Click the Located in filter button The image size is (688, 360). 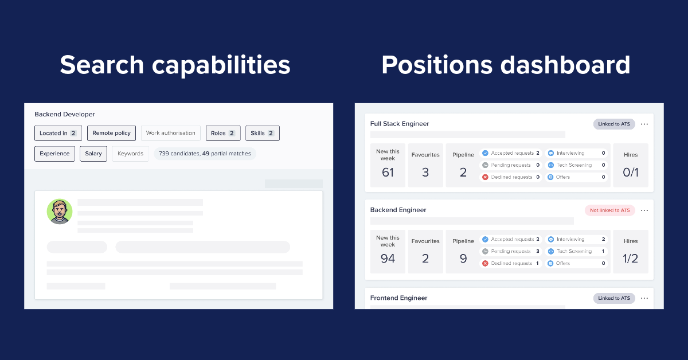coord(58,133)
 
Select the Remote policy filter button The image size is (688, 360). coord(111,133)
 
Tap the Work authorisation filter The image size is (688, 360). coord(170,133)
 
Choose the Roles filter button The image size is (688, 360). coord(223,133)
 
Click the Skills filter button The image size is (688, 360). coord(262,133)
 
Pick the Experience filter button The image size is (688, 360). coord(54,154)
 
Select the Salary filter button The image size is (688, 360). coord(93,154)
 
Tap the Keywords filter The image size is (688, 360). coord(130,154)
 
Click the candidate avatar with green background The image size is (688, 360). coord(60,212)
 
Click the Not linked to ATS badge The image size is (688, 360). coord(609,210)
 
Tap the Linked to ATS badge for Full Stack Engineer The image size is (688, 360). coord(614,124)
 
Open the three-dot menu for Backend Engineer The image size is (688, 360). coord(644,210)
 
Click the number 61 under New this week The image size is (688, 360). coord(388,172)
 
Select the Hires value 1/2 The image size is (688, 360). coord(630,259)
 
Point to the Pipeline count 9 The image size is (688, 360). coord(463,259)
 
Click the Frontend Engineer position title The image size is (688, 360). coord(398,298)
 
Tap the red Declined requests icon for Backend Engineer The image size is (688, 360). coord(485,264)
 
